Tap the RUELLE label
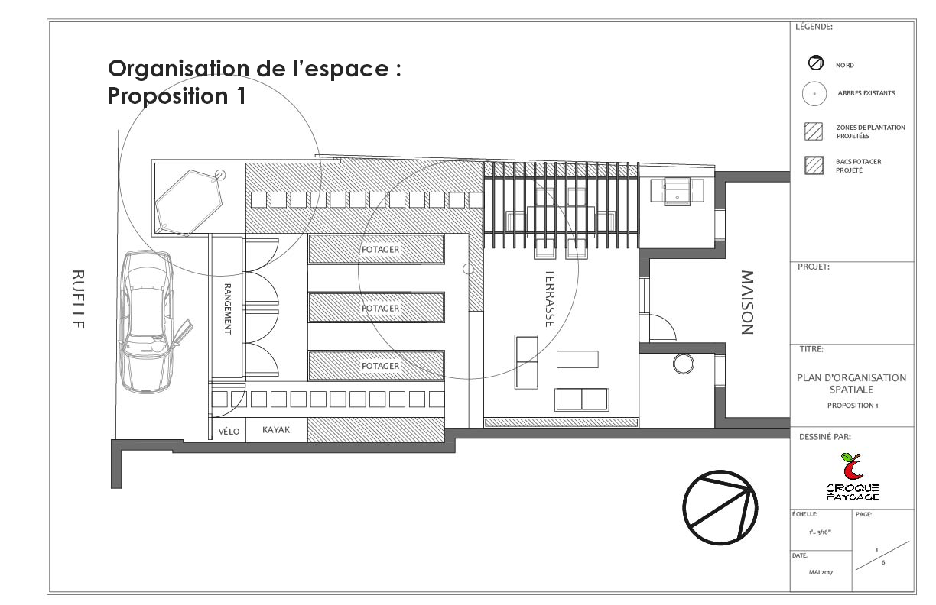(x=77, y=299)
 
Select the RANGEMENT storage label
(x=227, y=309)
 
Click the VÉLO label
(x=229, y=432)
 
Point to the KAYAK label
(x=277, y=431)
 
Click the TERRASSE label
(x=549, y=298)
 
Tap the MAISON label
(x=747, y=302)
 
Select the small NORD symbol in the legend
(x=815, y=64)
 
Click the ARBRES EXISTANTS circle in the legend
(x=814, y=93)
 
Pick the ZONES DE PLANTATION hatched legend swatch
(x=814, y=131)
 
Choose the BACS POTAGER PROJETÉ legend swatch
(x=814, y=166)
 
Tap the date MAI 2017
(x=821, y=571)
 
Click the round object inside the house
(x=682, y=363)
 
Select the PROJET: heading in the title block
(x=814, y=267)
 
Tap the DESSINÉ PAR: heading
(x=824, y=437)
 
